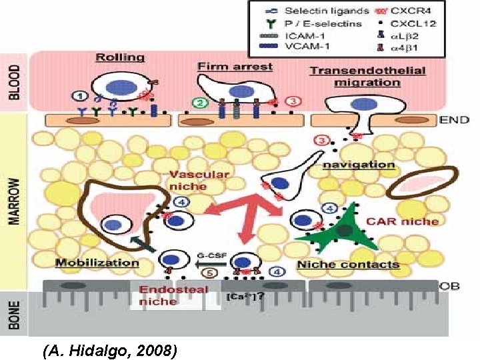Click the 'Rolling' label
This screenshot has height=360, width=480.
(x=120, y=57)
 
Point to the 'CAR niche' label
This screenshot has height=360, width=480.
(x=413, y=221)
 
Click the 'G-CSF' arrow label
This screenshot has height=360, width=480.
(x=209, y=254)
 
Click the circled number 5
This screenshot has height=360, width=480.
(x=209, y=272)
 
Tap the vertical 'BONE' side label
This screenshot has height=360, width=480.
(x=15, y=316)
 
